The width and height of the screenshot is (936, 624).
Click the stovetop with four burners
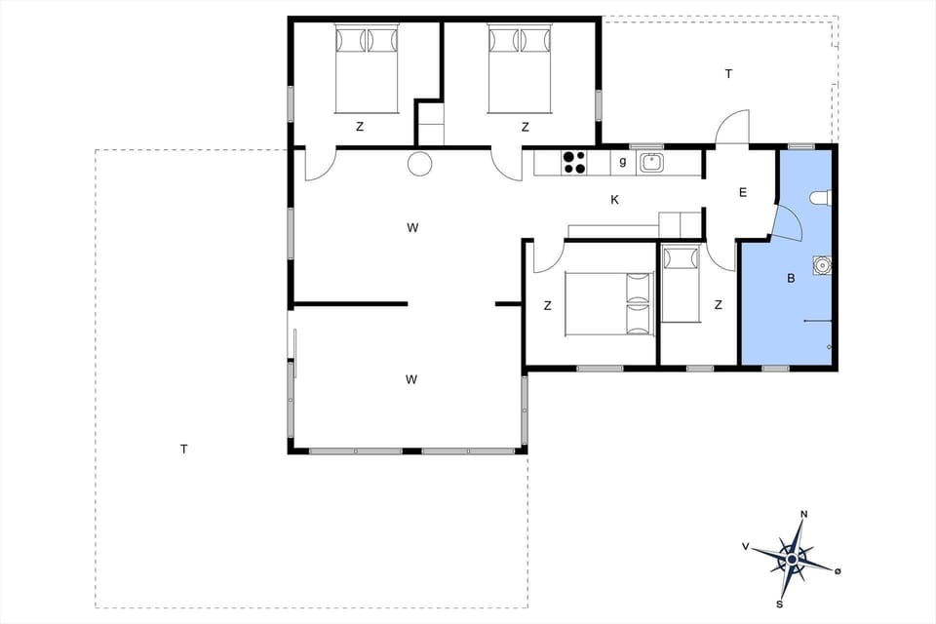(574, 162)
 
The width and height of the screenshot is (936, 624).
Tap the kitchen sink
(651, 162)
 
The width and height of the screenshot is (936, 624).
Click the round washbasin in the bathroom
(823, 264)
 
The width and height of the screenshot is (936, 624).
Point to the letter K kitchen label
(614, 200)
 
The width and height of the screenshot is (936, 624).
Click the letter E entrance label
(742, 193)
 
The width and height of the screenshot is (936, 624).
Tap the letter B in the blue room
(791, 278)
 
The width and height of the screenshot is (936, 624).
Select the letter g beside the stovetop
(622, 162)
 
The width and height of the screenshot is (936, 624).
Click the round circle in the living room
(419, 164)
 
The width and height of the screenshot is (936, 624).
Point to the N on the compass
(804, 514)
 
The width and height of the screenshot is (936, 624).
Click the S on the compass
(780, 604)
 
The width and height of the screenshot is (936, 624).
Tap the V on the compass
(746, 547)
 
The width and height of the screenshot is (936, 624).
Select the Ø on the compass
(838, 569)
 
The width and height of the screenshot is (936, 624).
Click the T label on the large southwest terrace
(183, 449)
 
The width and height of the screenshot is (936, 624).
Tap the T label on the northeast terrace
(727, 74)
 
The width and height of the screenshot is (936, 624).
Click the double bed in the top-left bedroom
(367, 68)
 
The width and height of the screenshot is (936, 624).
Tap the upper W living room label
(412, 228)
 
